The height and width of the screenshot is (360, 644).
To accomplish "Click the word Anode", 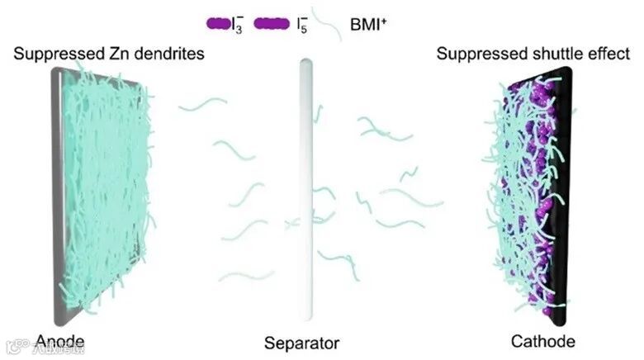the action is point(60,340).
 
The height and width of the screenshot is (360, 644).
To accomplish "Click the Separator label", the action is point(302,342).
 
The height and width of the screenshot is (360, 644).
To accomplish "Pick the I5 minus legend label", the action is point(311,25).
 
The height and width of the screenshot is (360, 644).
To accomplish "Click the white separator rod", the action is point(304,198).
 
